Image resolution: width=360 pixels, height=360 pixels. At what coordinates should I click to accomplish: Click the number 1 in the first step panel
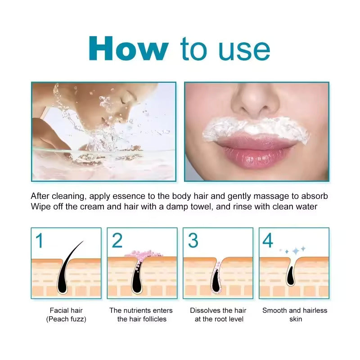[x=40, y=241]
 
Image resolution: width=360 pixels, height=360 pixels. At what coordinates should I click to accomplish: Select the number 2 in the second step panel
[x=117, y=241]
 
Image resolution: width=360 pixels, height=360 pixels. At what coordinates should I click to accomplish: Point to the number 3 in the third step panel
[x=193, y=241]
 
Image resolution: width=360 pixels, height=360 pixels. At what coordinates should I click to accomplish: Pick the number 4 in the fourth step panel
[x=268, y=241]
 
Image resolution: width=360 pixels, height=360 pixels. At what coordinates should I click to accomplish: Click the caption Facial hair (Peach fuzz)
[x=66, y=315]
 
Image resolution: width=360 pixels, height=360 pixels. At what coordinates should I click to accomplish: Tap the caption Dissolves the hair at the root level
[x=218, y=315]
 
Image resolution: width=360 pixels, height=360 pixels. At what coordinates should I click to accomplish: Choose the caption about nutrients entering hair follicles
[x=142, y=315]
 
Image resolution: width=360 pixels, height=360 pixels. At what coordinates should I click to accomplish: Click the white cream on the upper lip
[x=256, y=128]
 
